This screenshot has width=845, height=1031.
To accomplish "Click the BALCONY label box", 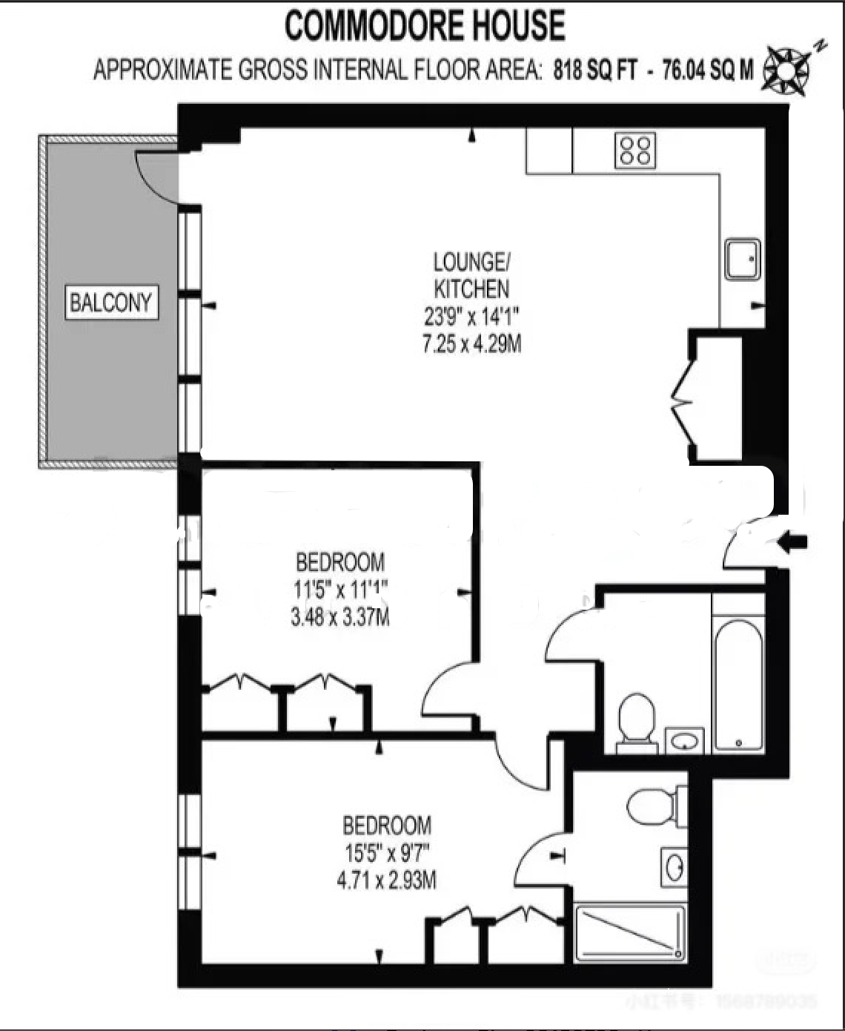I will (112, 303).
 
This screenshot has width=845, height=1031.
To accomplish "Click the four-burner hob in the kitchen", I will (635, 150).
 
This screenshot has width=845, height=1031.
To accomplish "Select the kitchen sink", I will (742, 258).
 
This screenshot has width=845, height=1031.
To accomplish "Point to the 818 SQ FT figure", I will (595, 70).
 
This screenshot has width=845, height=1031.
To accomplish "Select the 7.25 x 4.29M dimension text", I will (471, 344).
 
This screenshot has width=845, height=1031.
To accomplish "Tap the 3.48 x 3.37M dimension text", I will (340, 617).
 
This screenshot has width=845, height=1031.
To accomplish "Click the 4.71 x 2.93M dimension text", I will (386, 880).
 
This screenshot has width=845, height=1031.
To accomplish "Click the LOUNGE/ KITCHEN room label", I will (471, 274).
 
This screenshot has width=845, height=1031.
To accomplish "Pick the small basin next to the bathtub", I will (685, 740).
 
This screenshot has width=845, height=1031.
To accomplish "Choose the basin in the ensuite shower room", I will (674, 866).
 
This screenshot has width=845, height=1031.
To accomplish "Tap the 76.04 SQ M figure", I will (707, 70).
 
